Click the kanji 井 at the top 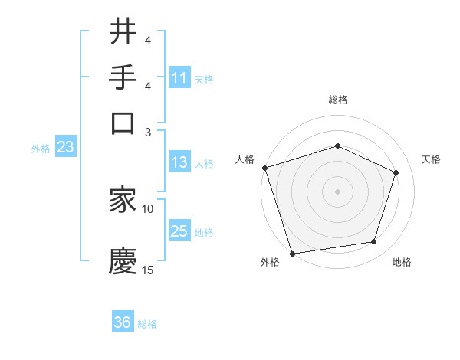point(123,31)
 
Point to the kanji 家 point(123,200)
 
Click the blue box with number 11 point(179,78)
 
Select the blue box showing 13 point(179,162)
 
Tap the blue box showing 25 point(179,231)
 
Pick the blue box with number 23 point(65,148)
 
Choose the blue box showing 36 point(123,323)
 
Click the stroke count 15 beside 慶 point(148,270)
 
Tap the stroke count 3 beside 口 point(149,132)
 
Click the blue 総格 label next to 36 point(148,324)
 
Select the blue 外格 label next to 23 point(41,149)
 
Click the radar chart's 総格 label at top point(338,100)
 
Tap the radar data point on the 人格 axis point(264,168)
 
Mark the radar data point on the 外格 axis point(292,253)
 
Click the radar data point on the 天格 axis point(396,172)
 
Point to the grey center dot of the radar point(338,191)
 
